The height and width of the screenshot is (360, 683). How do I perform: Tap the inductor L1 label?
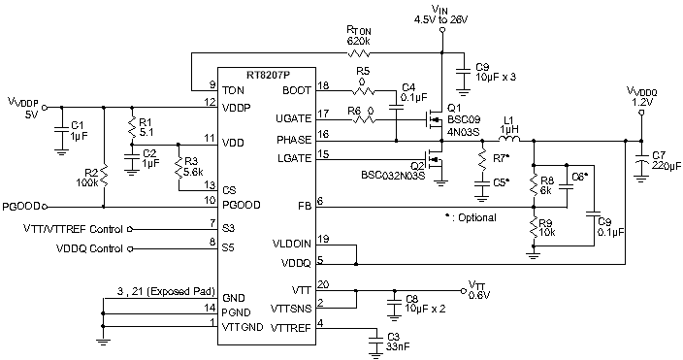click(x=507, y=123)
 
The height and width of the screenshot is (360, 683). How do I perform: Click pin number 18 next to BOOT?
click(x=323, y=87)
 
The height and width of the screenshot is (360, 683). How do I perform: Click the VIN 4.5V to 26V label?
click(x=441, y=14)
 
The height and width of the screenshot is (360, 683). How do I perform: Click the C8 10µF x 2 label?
click(x=425, y=304)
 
